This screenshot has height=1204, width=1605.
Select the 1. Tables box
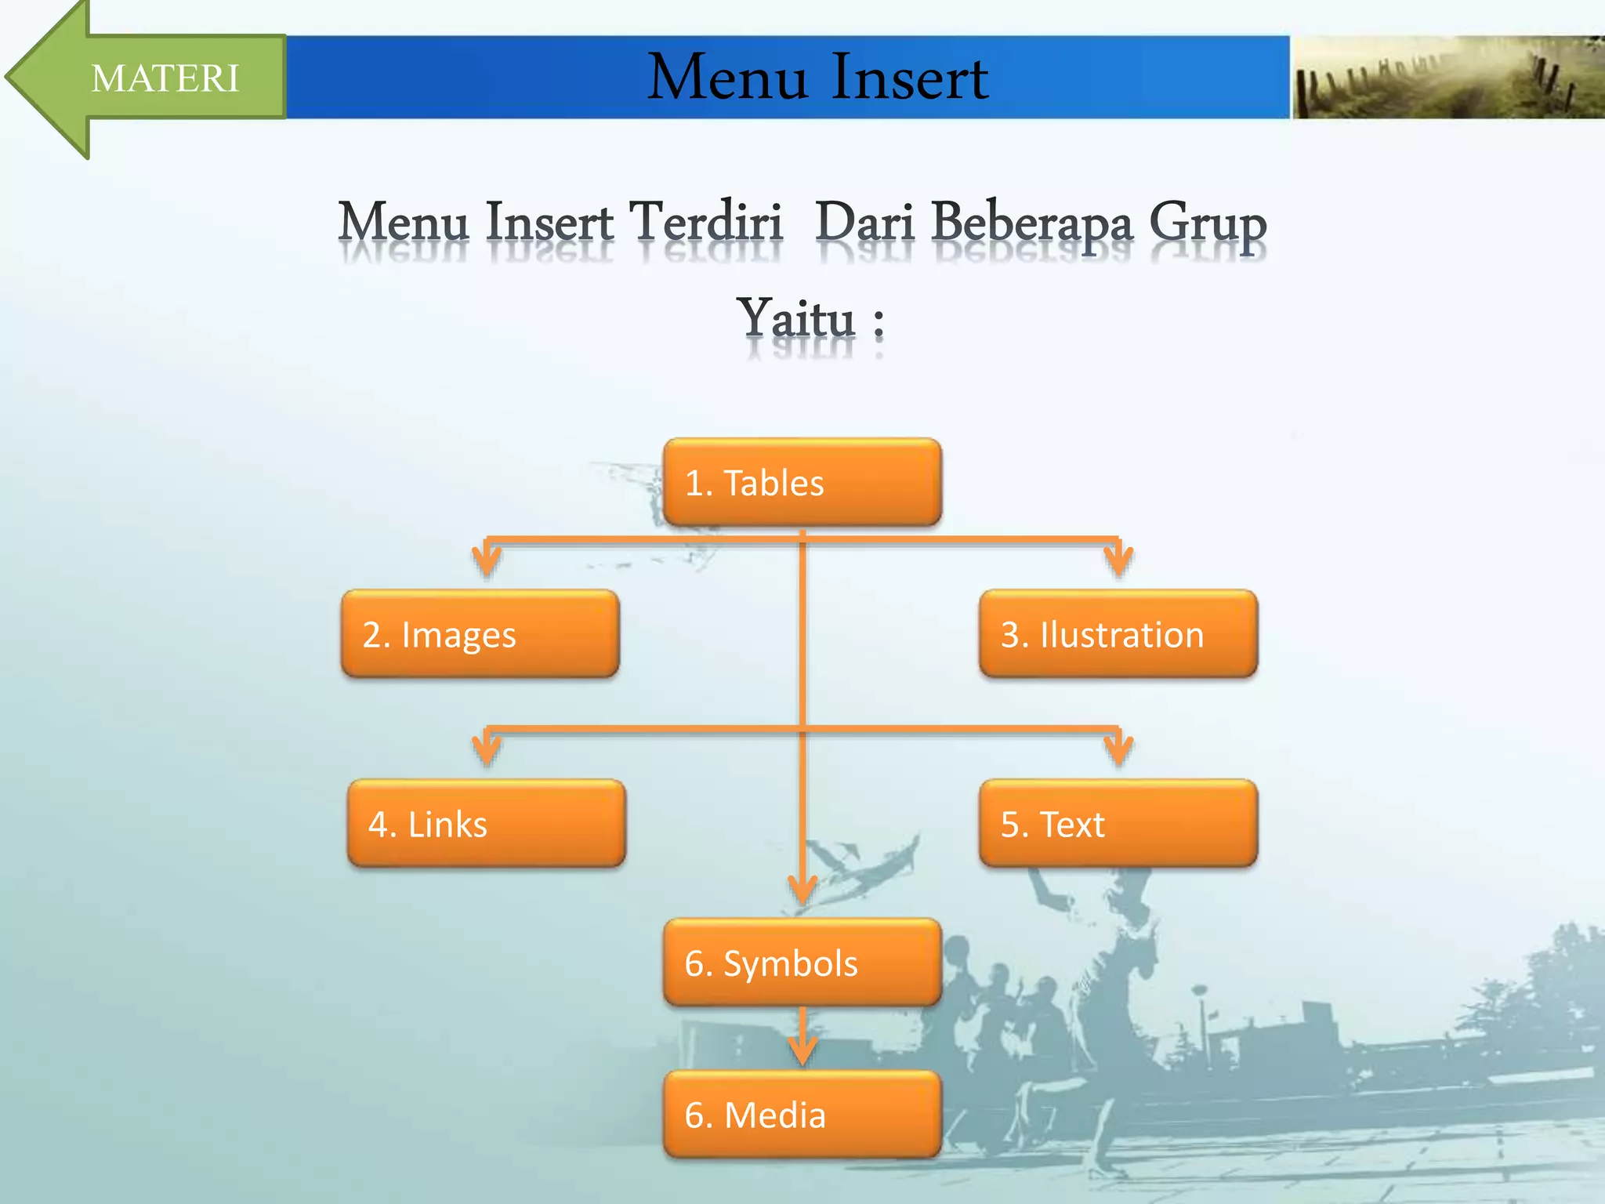(x=802, y=482)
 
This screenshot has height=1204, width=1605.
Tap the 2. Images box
(x=480, y=634)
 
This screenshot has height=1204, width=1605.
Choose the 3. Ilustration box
(x=1118, y=634)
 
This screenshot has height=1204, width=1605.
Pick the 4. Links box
(x=486, y=824)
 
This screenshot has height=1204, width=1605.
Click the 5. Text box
(x=1118, y=824)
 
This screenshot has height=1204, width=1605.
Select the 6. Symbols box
(x=802, y=963)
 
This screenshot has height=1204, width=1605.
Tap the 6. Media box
(x=802, y=1115)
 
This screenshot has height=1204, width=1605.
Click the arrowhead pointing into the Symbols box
(x=802, y=892)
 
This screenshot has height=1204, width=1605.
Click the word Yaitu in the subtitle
(x=795, y=320)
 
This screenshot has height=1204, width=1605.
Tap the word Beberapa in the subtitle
(x=1032, y=223)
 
